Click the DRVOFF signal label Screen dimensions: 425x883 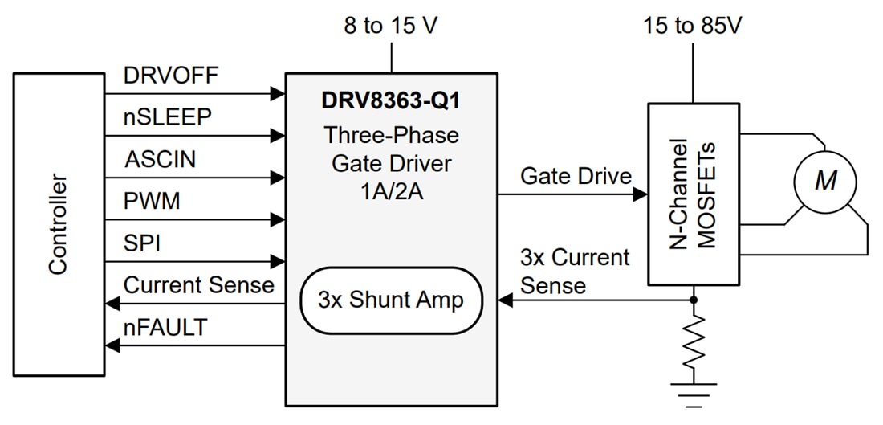171,76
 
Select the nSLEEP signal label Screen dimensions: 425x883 168,117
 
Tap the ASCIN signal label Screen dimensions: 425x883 161,159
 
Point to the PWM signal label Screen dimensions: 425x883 153,201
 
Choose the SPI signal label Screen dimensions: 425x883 142,243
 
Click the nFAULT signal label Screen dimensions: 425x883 165,328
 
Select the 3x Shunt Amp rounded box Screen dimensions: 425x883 391,300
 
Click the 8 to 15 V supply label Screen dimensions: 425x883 391,26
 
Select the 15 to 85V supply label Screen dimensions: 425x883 693,26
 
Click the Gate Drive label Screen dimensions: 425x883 576,176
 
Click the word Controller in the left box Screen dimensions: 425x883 58,224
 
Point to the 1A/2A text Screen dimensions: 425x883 391,194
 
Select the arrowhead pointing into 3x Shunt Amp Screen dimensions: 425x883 505,300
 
